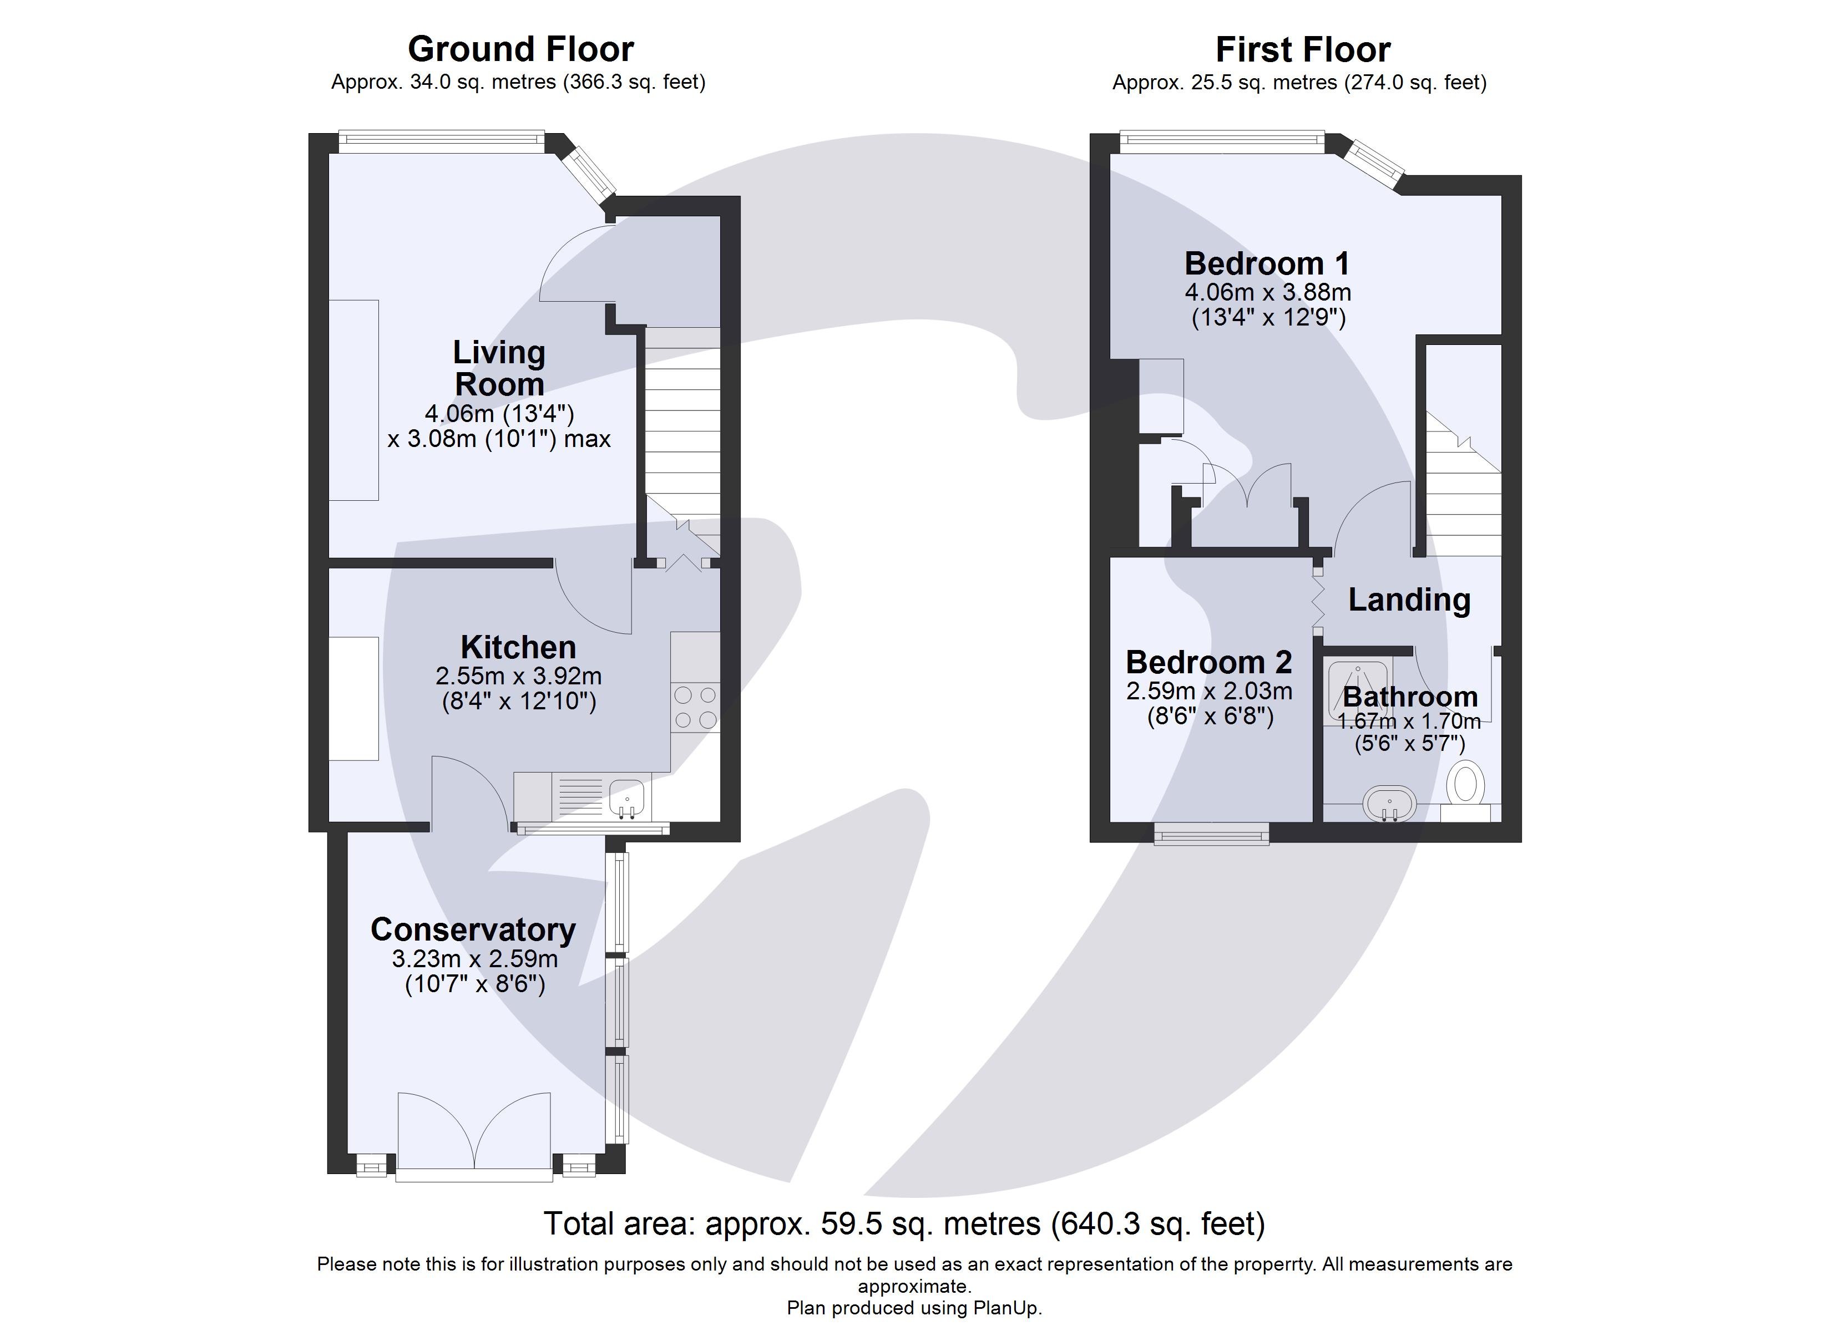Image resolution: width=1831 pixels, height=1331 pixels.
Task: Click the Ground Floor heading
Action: coord(520,49)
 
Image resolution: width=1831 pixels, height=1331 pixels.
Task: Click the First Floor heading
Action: coord(1302,50)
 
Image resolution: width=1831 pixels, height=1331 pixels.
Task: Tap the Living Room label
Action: coord(499,368)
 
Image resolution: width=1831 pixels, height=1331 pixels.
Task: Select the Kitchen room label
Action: coord(518,647)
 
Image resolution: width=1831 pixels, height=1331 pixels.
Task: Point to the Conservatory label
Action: coord(473,930)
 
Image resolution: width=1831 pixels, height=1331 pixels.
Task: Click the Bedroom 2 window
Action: coord(1211,833)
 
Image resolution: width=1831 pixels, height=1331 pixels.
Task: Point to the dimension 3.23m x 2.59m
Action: coord(475,959)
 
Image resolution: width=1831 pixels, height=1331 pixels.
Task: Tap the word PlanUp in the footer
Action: coord(1006,1308)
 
